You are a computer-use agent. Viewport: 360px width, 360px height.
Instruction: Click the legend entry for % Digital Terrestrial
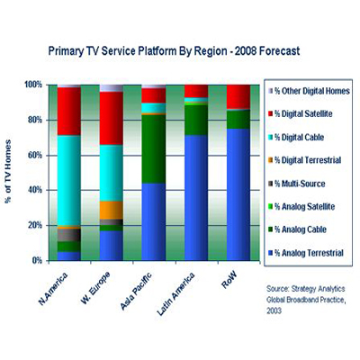311,160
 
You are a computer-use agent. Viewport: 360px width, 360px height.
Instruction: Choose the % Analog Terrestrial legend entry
312,254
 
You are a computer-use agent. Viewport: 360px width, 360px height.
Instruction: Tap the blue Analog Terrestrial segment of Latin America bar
196,198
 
